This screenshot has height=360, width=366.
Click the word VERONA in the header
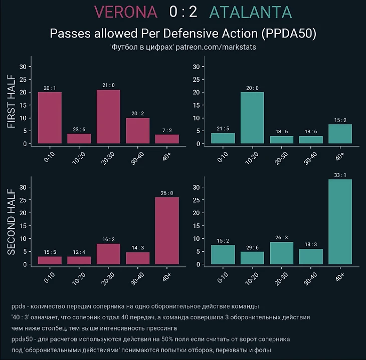point(125,13)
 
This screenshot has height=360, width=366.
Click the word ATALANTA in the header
point(251,13)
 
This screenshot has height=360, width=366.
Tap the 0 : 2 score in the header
point(184,13)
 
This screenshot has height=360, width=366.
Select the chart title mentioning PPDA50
point(183,34)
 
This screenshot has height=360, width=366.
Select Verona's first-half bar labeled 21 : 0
point(108,117)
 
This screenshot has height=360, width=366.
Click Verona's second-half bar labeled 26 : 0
point(167,230)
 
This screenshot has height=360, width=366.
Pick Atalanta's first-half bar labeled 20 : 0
point(252,118)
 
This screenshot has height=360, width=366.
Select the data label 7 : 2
point(167,130)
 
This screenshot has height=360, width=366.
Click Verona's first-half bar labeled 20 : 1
point(50,118)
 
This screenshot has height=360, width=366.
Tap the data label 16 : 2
point(108,239)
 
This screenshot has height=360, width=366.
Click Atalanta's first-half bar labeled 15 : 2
point(340,134)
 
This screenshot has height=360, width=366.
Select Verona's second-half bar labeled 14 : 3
point(138,258)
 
